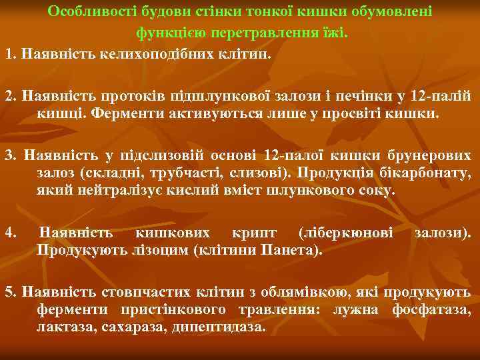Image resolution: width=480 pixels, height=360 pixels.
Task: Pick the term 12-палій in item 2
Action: [x=445, y=95]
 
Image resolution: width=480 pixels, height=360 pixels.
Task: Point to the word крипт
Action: [x=253, y=233]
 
